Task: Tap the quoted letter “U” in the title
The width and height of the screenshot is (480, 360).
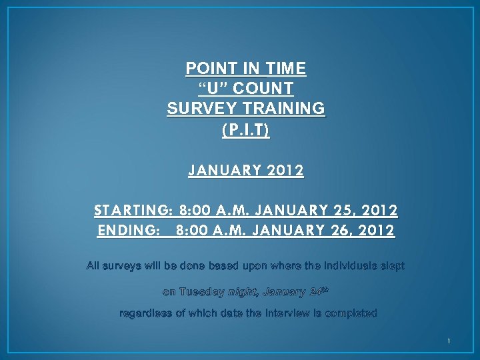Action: pyautogui.click(x=214, y=89)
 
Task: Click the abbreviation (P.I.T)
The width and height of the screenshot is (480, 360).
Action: pyautogui.click(x=246, y=129)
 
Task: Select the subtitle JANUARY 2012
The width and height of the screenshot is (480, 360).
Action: pyautogui.click(x=246, y=171)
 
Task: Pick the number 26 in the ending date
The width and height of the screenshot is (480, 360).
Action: pyautogui.click(x=343, y=231)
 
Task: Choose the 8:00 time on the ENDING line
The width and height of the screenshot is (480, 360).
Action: pyautogui.click(x=192, y=231)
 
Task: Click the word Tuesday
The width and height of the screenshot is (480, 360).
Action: pyautogui.click(x=202, y=292)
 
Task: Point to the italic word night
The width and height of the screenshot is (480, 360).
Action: pyautogui.click(x=243, y=292)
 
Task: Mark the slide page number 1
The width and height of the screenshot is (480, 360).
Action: pyautogui.click(x=449, y=342)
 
